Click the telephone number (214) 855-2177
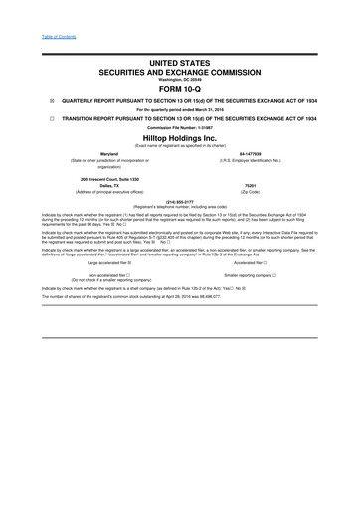click(180, 200)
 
